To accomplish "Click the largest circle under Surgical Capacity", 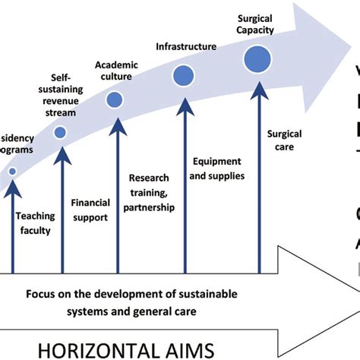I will (257, 58).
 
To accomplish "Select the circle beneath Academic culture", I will (115, 99).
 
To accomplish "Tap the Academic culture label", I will (116, 70).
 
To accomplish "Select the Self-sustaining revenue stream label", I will (60, 95).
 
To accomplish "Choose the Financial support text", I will (90, 210).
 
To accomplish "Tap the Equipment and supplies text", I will (216, 169).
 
